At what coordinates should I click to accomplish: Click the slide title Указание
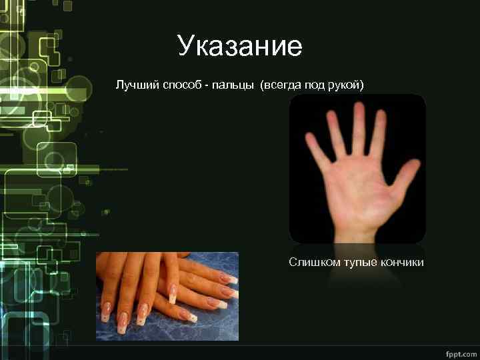(240, 47)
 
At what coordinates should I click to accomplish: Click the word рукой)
(346, 86)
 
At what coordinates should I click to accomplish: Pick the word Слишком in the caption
(314, 263)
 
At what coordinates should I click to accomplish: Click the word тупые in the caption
(361, 263)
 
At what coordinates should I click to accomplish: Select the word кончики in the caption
(403, 263)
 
